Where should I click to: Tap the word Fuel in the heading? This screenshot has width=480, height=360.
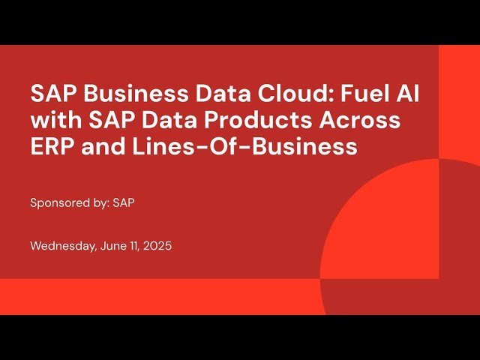coord(343,94)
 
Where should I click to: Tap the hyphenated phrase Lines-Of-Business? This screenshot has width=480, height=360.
coord(247,147)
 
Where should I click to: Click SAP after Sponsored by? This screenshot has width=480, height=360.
coord(124,203)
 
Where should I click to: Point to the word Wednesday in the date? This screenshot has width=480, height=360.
coord(62,246)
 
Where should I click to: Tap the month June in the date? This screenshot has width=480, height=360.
coord(114,246)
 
